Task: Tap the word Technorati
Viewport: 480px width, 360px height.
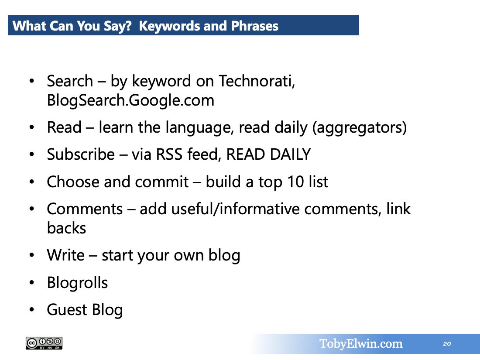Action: (x=257, y=81)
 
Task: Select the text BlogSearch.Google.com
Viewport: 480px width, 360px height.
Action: (x=130, y=100)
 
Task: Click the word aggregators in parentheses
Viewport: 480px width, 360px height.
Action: (x=360, y=128)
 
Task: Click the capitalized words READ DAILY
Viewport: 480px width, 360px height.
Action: (x=268, y=154)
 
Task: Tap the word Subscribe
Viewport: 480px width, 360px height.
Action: (x=81, y=154)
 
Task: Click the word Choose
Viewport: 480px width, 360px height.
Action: (x=73, y=182)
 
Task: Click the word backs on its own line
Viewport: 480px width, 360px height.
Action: (x=66, y=228)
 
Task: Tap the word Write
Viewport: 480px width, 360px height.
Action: (x=66, y=255)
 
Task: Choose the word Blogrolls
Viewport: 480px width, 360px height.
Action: (x=77, y=283)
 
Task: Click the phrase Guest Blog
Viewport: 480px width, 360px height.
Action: (x=85, y=310)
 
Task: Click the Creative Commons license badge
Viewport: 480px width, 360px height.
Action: (x=44, y=343)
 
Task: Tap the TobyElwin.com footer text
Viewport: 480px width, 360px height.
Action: (x=361, y=344)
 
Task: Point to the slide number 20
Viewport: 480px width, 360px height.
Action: (x=447, y=344)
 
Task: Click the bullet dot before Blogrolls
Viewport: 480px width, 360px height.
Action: (x=32, y=283)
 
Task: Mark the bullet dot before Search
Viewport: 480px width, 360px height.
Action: (x=32, y=81)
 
